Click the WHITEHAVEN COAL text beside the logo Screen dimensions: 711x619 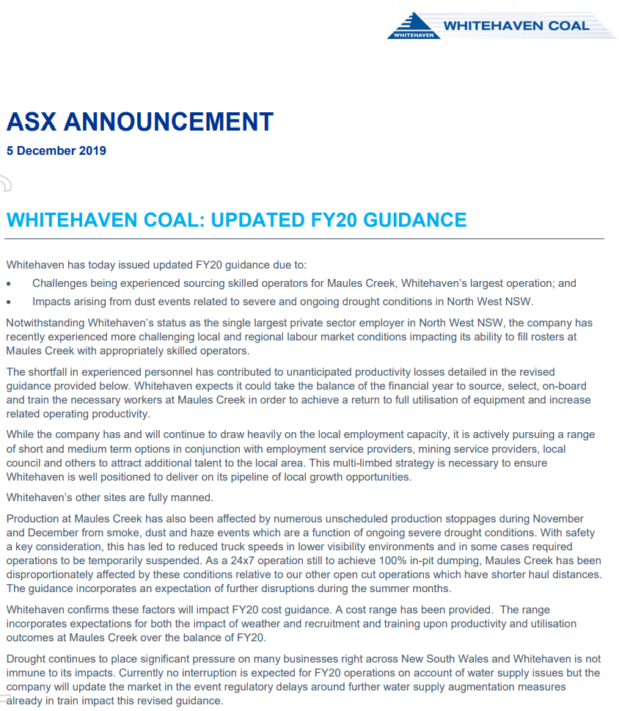[516, 26]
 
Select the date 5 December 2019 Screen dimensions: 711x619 [56, 151]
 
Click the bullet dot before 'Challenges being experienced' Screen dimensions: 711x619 [8, 284]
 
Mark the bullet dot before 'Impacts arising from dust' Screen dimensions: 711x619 [8, 302]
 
